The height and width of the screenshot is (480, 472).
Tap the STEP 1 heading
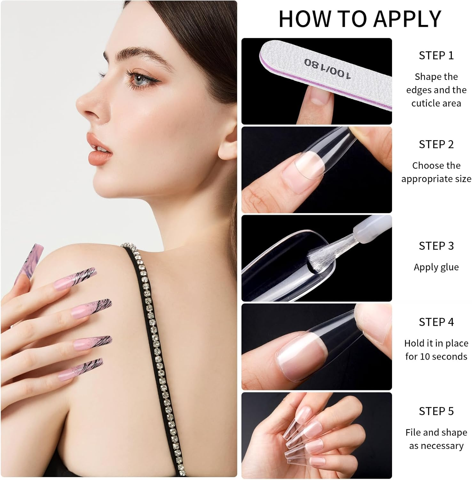coord(436,56)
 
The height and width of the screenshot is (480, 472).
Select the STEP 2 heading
coord(436,144)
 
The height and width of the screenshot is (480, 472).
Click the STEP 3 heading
coord(436,246)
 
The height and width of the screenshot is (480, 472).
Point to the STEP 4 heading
coord(436,322)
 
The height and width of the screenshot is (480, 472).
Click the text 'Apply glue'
coord(436,267)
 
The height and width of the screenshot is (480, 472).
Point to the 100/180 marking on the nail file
coord(327,68)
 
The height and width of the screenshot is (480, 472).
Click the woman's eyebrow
coord(138,53)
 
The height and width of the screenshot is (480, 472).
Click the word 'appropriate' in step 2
coord(422,179)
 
